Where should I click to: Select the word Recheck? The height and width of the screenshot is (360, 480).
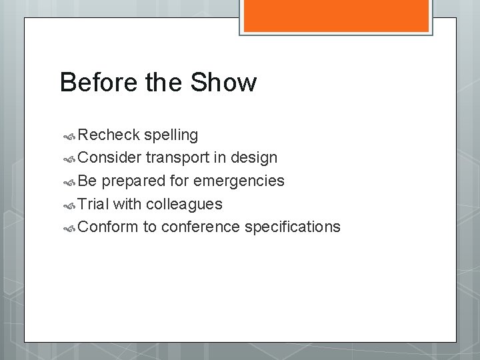pos(108,135)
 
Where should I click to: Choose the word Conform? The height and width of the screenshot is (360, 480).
pos(108,227)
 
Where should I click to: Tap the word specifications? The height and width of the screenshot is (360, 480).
pos(293,227)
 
